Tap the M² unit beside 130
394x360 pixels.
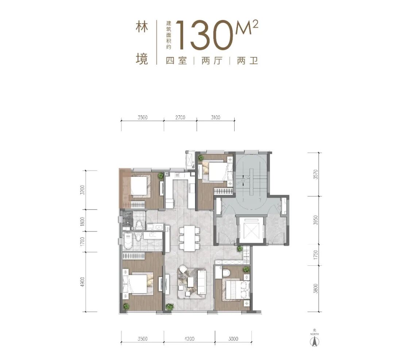248,28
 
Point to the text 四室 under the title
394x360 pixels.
176,61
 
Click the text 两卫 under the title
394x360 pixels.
247,61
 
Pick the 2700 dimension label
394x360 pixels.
180,118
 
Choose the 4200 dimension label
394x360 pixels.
189,339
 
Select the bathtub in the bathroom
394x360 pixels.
127,241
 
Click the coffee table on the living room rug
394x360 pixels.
191,282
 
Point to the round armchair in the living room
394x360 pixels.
183,272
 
